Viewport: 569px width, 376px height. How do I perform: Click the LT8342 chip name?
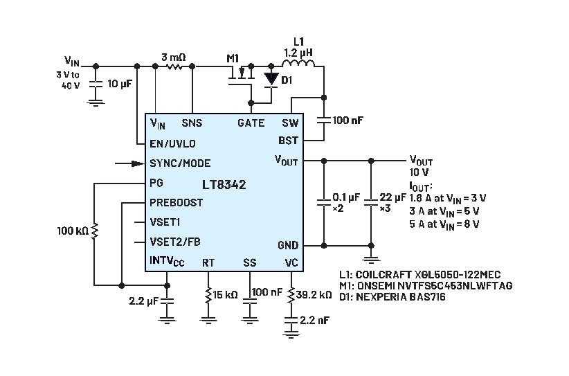[x=224, y=184]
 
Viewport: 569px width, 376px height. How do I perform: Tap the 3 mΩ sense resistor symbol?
[x=174, y=66]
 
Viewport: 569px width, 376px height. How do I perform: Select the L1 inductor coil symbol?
[x=298, y=63]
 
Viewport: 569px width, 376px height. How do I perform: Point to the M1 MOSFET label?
[x=233, y=58]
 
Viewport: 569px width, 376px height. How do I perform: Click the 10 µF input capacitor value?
[x=120, y=84]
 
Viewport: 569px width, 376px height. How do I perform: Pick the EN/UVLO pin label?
[x=173, y=144]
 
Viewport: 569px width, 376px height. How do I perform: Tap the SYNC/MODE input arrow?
[x=130, y=163]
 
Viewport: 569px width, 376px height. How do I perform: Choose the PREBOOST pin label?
[x=177, y=202]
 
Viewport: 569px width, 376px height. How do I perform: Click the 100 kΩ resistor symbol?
[x=94, y=231]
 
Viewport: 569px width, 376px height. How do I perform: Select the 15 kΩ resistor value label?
[x=225, y=295]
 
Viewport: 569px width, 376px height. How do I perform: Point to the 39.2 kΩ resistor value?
[x=314, y=295]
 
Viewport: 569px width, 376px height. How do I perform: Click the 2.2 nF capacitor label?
[x=315, y=320]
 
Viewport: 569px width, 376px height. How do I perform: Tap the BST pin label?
[x=288, y=141]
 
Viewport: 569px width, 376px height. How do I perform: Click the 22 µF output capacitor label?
[x=392, y=197]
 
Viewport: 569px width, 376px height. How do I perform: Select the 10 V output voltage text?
[x=419, y=172]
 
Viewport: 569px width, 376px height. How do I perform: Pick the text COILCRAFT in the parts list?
[x=383, y=274]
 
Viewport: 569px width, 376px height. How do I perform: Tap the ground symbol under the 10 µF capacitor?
[x=96, y=102]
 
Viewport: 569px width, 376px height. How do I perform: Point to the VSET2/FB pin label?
[x=175, y=242]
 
